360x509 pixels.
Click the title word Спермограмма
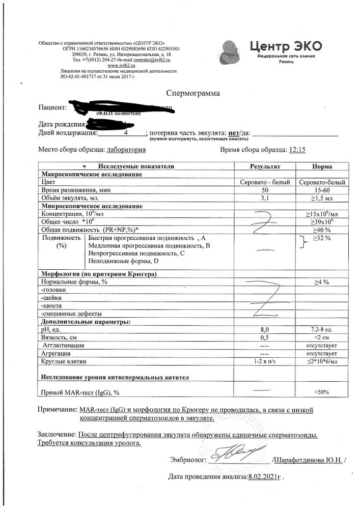pyautogui.click(x=193, y=93)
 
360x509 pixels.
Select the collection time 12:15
pyautogui.click(x=297, y=150)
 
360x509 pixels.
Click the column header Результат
pyautogui.click(x=265, y=166)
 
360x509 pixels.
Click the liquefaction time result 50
pyautogui.click(x=264, y=190)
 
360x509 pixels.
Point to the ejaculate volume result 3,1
pyautogui.click(x=264, y=197)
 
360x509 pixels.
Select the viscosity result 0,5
pyautogui.click(x=264, y=337)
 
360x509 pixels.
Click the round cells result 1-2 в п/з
pyautogui.click(x=264, y=361)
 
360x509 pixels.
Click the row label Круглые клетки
pyautogui.click(x=63, y=361)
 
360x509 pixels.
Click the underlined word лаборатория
pyautogui.click(x=125, y=150)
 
